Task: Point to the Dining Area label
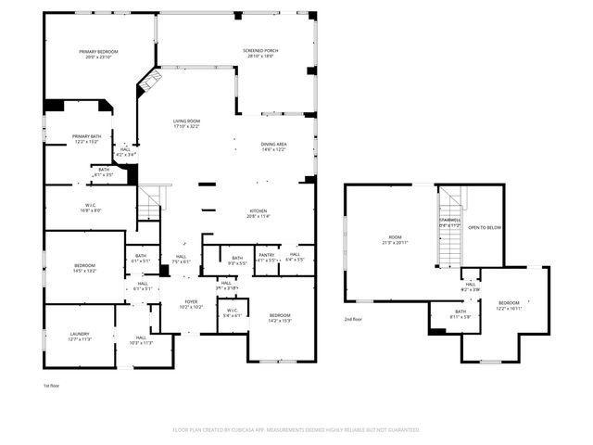(273, 146)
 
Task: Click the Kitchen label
(258, 212)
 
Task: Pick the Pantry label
(267, 256)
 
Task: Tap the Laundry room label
(80, 336)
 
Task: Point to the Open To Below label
(485, 227)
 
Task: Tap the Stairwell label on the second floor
(448, 222)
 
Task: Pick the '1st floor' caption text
(52, 385)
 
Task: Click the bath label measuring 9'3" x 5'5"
(237, 261)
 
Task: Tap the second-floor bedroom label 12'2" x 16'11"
(509, 304)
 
